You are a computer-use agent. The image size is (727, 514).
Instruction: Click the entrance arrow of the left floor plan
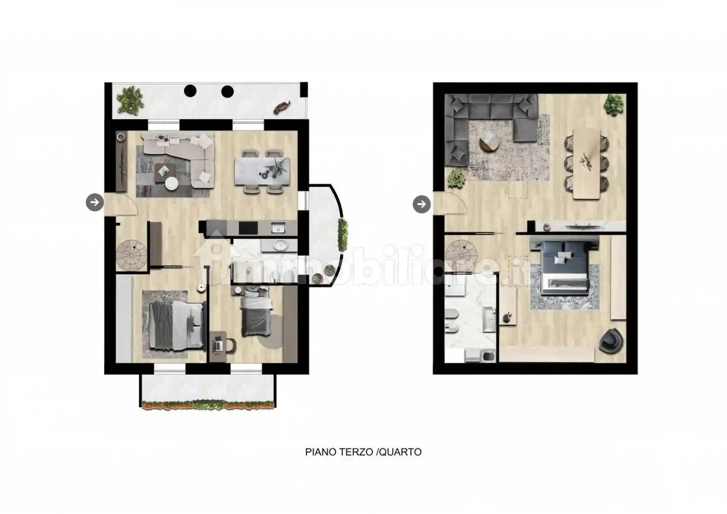(x=95, y=202)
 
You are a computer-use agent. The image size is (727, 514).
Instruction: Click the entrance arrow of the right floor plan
(x=422, y=204)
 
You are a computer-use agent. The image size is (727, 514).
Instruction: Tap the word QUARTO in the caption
(x=400, y=452)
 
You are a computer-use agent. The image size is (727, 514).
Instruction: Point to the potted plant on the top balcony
(x=130, y=100)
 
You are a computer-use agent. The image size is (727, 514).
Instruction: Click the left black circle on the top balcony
(x=190, y=91)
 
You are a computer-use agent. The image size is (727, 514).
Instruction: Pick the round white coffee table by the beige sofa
(x=171, y=184)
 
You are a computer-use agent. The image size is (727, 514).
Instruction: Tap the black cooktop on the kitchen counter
(x=248, y=228)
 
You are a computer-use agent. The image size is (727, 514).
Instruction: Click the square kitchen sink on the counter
(x=278, y=228)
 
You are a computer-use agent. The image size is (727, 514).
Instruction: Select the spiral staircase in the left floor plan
(x=131, y=255)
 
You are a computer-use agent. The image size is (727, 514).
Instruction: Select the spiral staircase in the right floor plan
(x=461, y=255)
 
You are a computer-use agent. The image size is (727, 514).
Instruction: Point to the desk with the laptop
(x=218, y=347)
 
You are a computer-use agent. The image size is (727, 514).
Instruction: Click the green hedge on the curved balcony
(x=343, y=234)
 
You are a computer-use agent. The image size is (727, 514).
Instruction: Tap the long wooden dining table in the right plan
(x=586, y=164)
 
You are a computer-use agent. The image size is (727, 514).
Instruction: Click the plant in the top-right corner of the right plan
(x=614, y=104)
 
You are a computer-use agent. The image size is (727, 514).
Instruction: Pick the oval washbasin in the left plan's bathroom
(x=280, y=245)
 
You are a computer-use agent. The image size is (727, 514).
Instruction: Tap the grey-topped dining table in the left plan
(x=262, y=171)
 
